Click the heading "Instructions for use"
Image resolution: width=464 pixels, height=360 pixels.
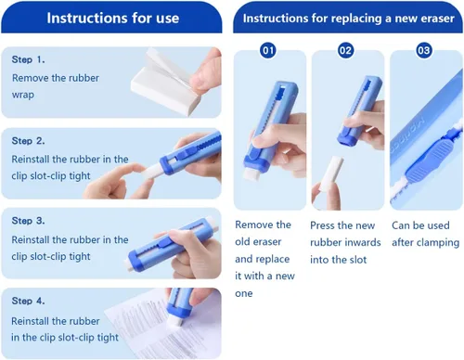[x=113, y=18]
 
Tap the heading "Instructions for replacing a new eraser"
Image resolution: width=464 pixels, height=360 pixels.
[x=349, y=19]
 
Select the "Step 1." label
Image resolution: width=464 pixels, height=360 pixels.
[x=28, y=59]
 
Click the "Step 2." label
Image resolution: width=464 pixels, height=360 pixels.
[x=28, y=141]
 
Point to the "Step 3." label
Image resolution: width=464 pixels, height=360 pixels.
[x=28, y=221]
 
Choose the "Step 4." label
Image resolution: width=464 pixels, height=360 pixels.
[x=28, y=301]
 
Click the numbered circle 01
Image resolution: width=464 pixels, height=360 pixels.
[x=268, y=50]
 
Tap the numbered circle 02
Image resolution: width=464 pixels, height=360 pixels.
[x=346, y=50]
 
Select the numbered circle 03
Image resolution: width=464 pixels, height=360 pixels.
[x=424, y=50]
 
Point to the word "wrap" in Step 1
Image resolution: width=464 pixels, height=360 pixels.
[x=23, y=95]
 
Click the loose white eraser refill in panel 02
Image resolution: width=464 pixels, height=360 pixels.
[x=332, y=173]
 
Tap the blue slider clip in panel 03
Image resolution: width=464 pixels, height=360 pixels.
[x=429, y=158]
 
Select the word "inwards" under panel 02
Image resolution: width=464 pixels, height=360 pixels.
[x=362, y=242]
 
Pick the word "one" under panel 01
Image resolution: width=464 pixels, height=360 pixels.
[x=244, y=293]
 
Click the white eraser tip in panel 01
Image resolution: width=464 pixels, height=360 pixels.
[x=254, y=174]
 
